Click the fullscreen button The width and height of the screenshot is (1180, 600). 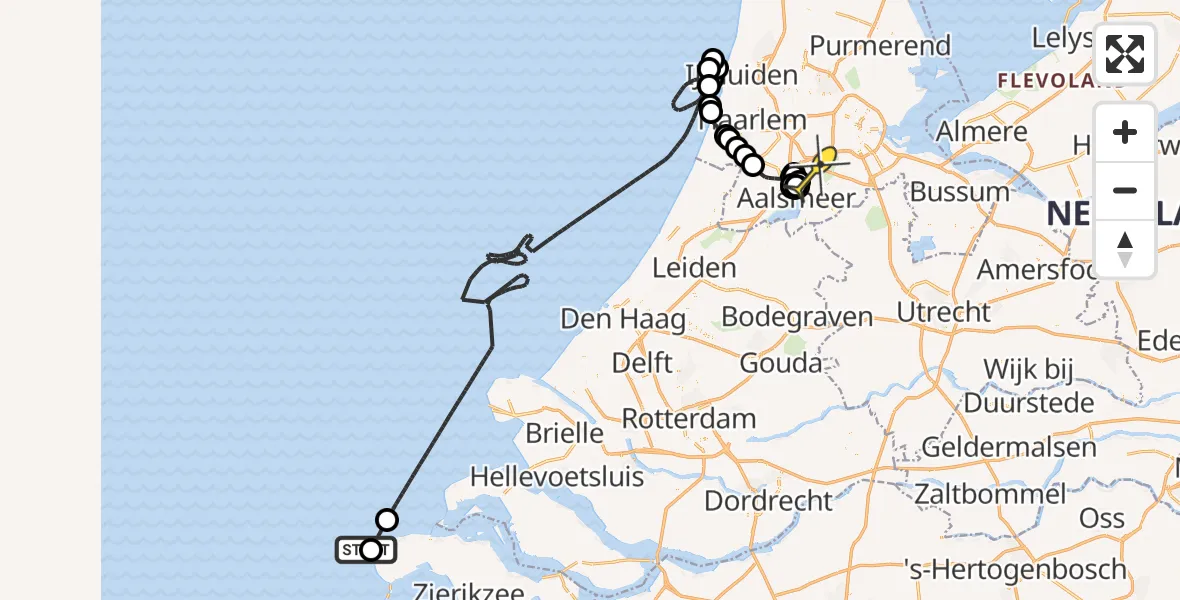(1125, 54)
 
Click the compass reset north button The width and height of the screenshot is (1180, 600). (1125, 249)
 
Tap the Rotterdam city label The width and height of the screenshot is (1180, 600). (689, 417)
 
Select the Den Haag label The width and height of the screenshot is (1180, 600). (623, 319)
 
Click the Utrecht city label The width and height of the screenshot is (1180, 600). (943, 312)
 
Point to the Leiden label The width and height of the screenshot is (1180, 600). (694, 268)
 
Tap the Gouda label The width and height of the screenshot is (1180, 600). (781, 362)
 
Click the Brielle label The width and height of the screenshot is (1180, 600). (565, 433)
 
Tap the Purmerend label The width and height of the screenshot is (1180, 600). (880, 46)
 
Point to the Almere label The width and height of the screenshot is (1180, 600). (981, 131)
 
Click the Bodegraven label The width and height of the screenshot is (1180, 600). (796, 317)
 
